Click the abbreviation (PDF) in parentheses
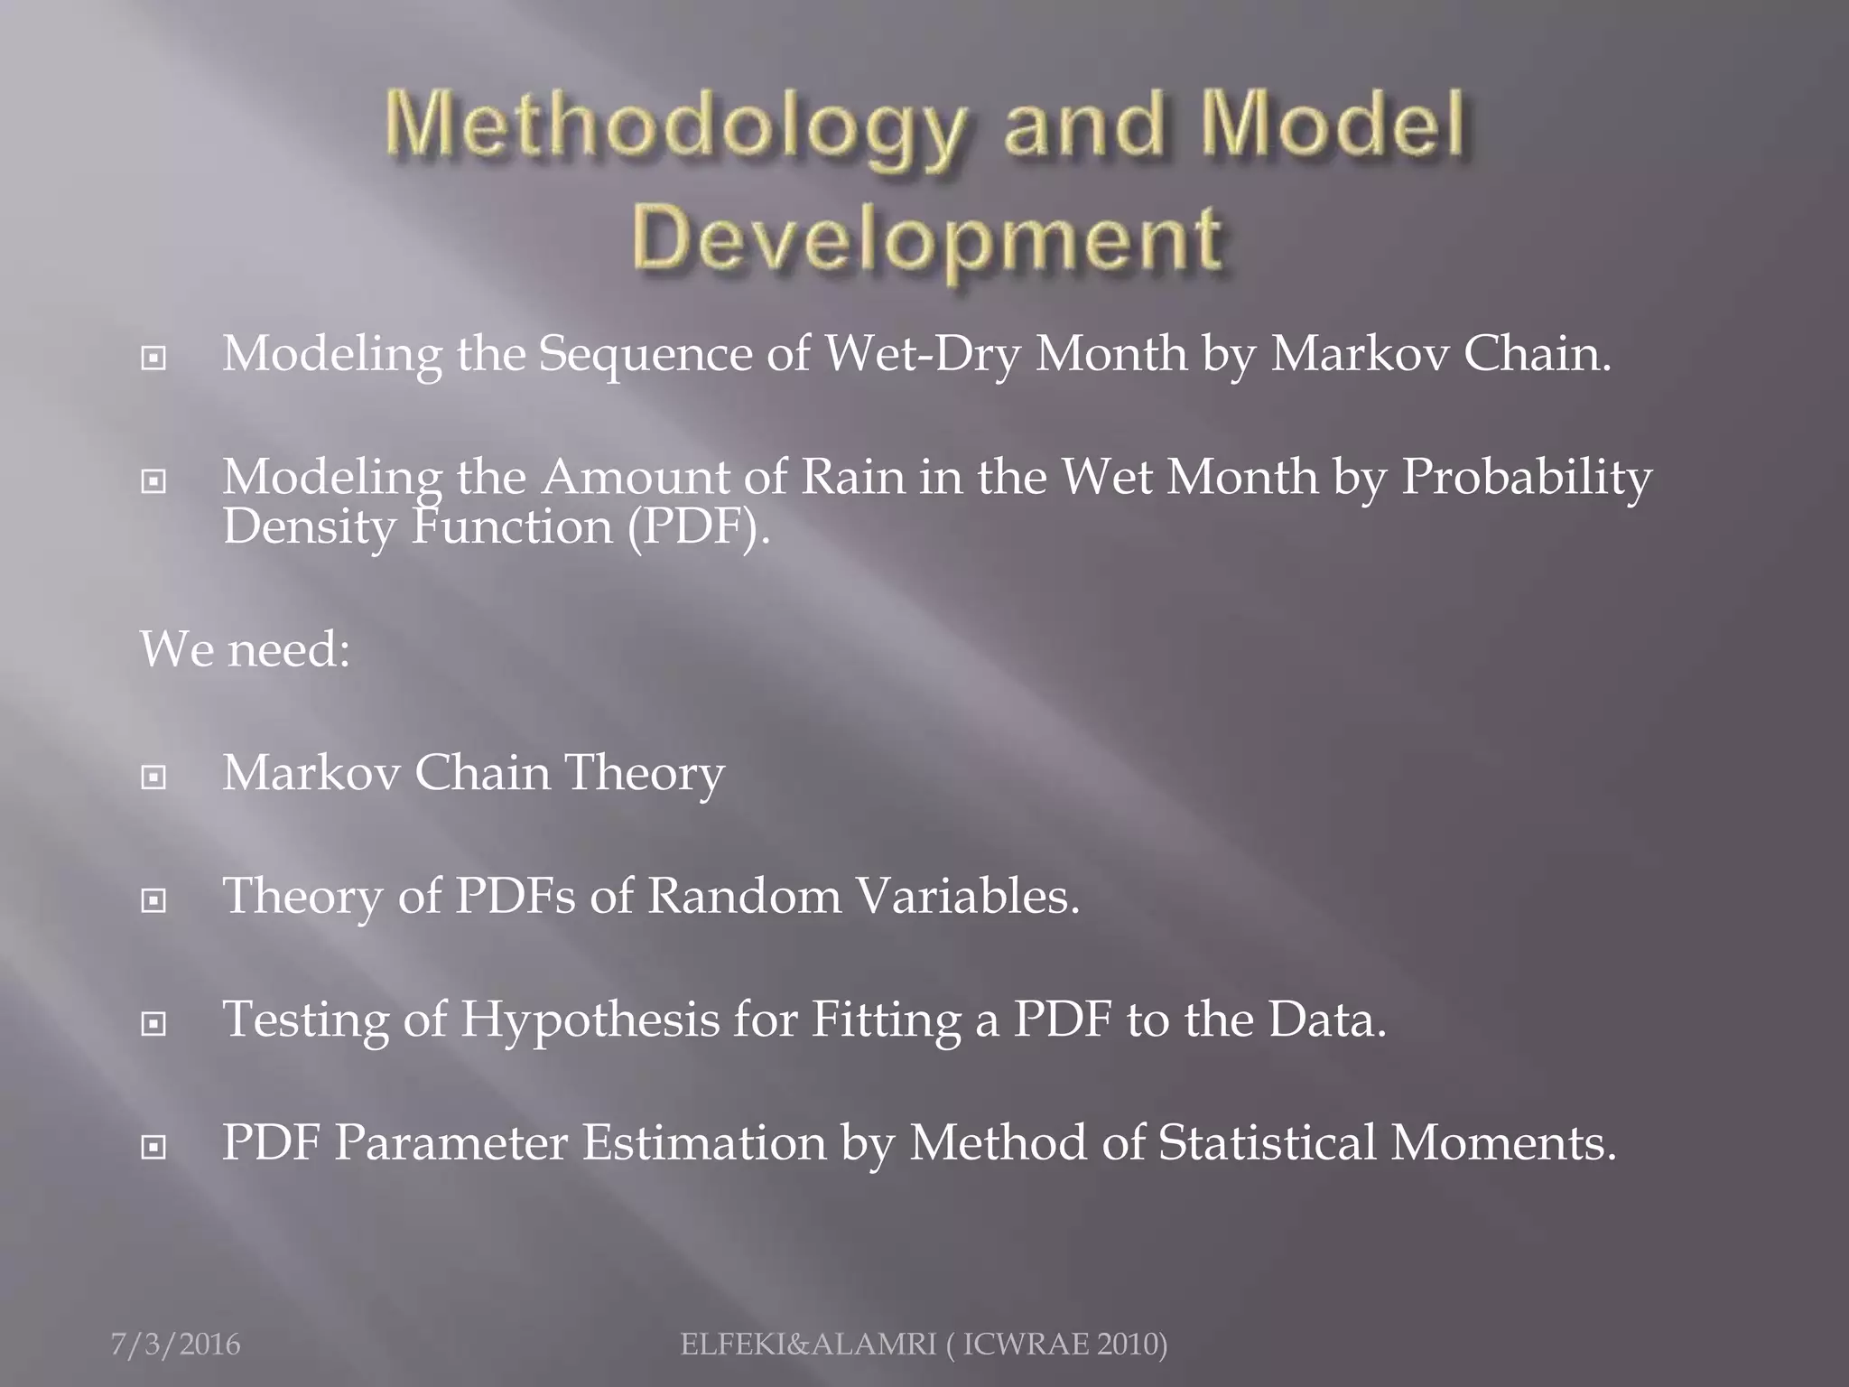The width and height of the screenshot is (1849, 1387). [x=699, y=526]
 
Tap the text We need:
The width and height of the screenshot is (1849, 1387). [x=245, y=649]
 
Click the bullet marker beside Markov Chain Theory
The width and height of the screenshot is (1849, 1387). [x=154, y=777]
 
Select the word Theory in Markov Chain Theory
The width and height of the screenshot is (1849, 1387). [x=645, y=774]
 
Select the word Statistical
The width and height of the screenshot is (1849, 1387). [x=1267, y=1143]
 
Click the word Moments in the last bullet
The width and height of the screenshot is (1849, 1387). [x=1502, y=1143]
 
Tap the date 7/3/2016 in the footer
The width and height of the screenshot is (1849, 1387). [x=176, y=1345]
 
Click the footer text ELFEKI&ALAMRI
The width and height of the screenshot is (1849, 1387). [x=808, y=1345]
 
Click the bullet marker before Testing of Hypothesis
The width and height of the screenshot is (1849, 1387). [x=154, y=1024]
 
